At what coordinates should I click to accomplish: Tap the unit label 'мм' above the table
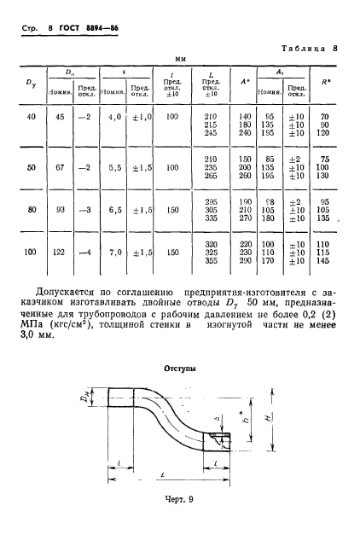coord(180,61)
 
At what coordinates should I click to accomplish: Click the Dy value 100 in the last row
coord(31,253)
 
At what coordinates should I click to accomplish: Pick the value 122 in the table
coord(61,253)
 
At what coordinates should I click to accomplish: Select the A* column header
coord(245,82)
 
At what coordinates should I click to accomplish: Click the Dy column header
coord(31,82)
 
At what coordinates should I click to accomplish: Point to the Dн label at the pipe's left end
coord(97,398)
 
